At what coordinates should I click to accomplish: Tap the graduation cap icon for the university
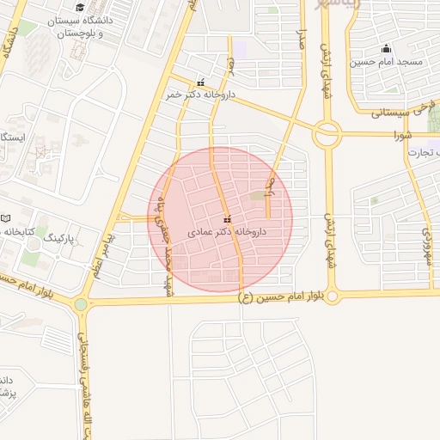point(80,8)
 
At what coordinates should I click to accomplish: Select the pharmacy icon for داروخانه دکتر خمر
point(200,83)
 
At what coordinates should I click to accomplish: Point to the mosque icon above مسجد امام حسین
point(386,48)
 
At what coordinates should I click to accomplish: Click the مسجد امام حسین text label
point(386,62)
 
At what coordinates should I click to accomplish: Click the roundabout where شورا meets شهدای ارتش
point(327,134)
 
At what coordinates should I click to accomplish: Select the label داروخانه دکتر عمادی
point(227,231)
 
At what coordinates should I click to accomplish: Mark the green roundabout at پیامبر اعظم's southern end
point(81,303)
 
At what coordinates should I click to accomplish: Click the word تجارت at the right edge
point(429,152)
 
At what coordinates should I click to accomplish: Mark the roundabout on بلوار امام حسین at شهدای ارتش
point(332,296)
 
